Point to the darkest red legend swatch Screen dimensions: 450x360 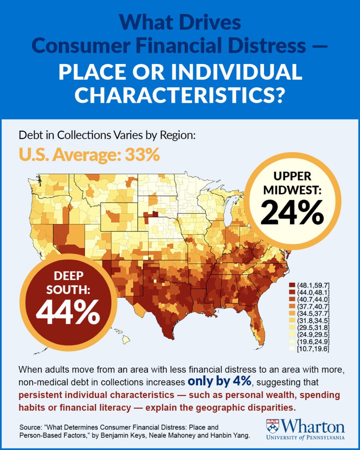coord(292,285)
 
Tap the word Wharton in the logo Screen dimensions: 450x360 coord(313,425)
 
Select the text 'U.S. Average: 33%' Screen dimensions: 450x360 coord(89,154)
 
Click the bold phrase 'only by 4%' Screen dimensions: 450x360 coord(219,381)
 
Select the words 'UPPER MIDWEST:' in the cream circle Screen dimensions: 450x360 coord(292,183)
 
